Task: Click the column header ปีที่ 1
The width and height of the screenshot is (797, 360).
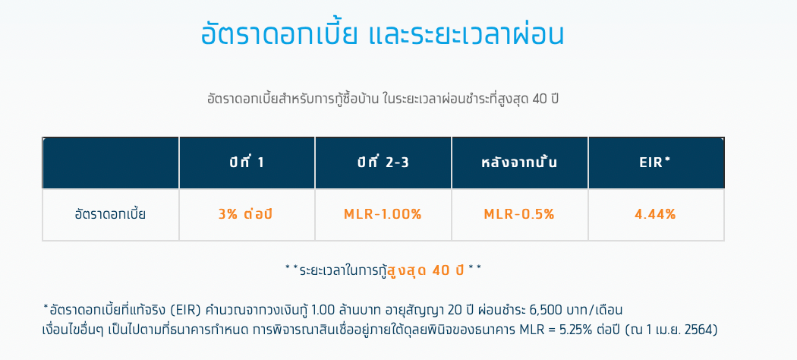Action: pyautogui.click(x=247, y=163)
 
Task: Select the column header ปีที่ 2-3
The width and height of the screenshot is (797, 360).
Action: pyautogui.click(x=383, y=163)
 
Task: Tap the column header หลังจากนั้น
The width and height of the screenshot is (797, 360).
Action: pyautogui.click(x=519, y=163)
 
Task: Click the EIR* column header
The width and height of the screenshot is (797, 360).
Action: pyautogui.click(x=656, y=163)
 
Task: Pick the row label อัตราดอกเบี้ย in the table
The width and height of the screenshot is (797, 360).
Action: pyautogui.click(x=110, y=214)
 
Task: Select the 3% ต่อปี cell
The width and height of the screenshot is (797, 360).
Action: pyautogui.click(x=245, y=214)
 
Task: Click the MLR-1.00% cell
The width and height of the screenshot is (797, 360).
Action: pyautogui.click(x=383, y=215)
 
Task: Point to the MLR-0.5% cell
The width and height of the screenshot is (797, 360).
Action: pyautogui.click(x=519, y=215)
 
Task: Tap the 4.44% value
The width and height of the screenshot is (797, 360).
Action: pyautogui.click(x=655, y=215)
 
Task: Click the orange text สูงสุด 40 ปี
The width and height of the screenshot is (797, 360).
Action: pyautogui.click(x=426, y=270)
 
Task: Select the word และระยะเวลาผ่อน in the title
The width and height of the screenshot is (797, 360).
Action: pyautogui.click(x=465, y=35)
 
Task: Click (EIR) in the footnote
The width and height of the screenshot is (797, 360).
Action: pyautogui.click(x=187, y=310)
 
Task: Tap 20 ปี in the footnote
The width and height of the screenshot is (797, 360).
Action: pyautogui.click(x=441, y=310)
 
